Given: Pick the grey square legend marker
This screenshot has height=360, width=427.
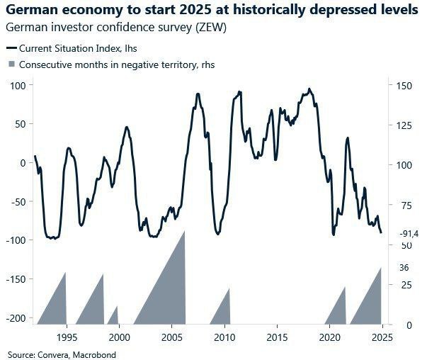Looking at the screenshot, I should (10, 64).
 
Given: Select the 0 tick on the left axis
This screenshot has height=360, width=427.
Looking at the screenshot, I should (23, 162).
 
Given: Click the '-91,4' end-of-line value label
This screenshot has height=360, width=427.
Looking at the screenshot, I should (410, 233).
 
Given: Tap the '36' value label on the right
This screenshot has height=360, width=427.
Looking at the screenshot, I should (404, 267).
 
